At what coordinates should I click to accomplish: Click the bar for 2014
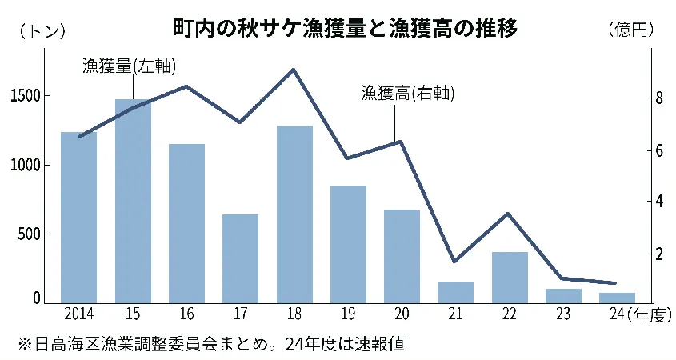pyautogui.click(x=78, y=218)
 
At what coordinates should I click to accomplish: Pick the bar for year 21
pyautogui.click(x=455, y=293)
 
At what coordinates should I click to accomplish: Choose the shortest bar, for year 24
pyautogui.click(x=617, y=298)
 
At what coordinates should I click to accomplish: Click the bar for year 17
pyautogui.click(x=240, y=259)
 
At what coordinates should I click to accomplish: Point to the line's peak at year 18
pyautogui.click(x=294, y=70)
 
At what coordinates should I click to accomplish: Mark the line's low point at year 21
pyautogui.click(x=455, y=262)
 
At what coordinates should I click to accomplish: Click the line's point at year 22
pyautogui.click(x=509, y=214)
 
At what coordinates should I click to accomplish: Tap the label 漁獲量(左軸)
pyautogui.click(x=129, y=66)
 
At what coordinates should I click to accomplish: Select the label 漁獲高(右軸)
pyautogui.click(x=407, y=94)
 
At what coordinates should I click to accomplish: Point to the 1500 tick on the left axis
pyautogui.click(x=26, y=96)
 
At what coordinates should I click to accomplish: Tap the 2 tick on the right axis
pyautogui.click(x=658, y=254)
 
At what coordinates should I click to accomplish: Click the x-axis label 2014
pyautogui.click(x=78, y=314)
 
